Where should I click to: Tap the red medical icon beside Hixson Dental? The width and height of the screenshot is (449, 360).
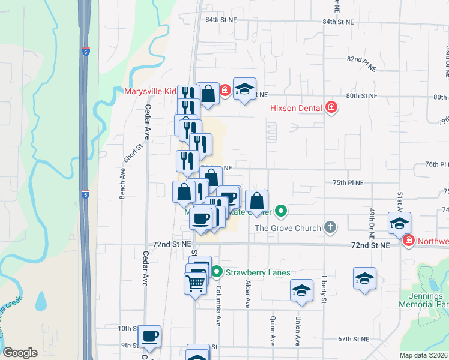coord(331,108)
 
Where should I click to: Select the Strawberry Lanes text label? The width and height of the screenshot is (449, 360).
coord(258,272)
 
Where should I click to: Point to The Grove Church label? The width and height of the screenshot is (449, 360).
coord(288,228)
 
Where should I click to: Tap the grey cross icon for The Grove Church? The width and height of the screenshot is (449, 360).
coord(330,227)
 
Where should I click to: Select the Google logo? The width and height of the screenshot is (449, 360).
coord(20,352)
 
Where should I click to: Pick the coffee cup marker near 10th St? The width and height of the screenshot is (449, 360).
coord(149,336)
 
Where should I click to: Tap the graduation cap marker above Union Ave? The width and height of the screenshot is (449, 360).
coord(301,291)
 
